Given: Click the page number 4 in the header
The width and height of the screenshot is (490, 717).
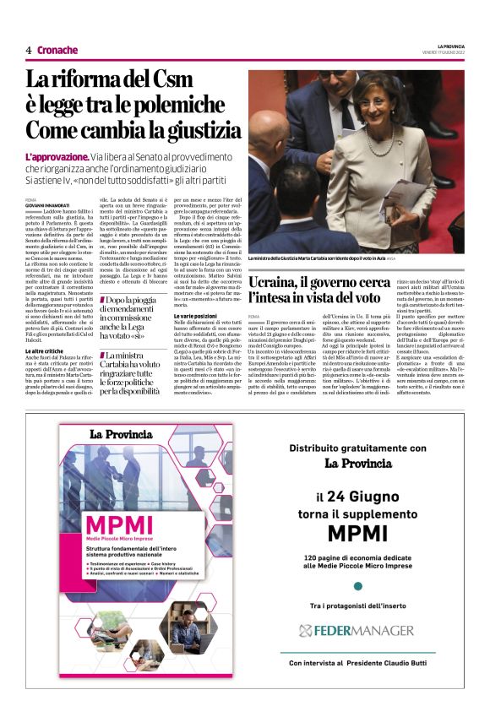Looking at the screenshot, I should [29, 50].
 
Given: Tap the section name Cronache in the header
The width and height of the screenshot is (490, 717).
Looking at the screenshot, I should [57, 50].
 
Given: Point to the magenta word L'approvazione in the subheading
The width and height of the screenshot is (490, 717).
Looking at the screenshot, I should [57, 157].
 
